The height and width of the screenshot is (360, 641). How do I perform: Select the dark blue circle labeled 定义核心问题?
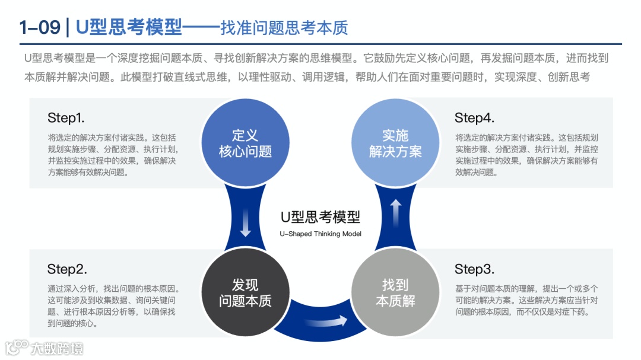[245, 143]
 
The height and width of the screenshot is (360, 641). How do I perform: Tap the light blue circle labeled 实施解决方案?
[395, 143]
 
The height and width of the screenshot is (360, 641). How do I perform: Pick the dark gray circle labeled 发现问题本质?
[245, 292]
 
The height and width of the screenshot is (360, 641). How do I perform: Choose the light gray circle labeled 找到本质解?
[395, 292]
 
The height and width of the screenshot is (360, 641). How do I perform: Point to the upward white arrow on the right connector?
[396, 211]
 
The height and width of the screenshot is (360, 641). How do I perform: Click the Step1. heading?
[66, 117]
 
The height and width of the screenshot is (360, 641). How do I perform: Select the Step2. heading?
[67, 269]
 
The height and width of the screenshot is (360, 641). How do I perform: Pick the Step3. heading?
[474, 269]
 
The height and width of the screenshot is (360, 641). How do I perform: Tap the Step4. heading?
[474, 117]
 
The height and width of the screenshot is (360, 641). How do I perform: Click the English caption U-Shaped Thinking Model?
[320, 234]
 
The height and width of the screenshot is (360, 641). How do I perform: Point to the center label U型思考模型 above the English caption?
[320, 217]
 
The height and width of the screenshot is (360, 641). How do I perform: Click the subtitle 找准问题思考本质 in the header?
[284, 28]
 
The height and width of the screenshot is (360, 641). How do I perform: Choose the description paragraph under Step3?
[526, 300]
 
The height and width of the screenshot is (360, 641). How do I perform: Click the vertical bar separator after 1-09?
[68, 27]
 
